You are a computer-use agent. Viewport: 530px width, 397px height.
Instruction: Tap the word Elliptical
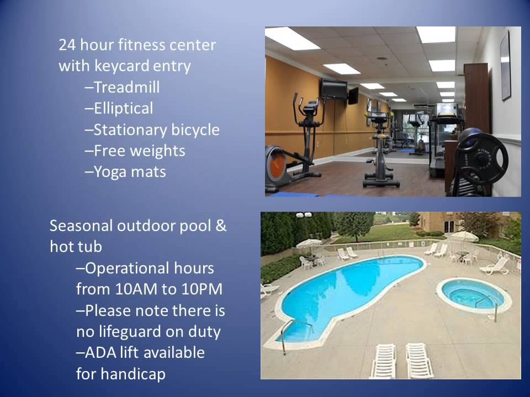tap(123, 109)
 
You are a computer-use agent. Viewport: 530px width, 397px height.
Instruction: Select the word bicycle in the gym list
tap(192, 130)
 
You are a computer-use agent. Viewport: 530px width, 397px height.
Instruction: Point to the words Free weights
tap(139, 151)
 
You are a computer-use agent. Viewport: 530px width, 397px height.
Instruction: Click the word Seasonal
tap(81, 226)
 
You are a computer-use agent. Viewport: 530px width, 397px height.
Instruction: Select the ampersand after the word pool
tap(221, 226)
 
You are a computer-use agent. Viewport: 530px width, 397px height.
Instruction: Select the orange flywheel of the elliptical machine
tap(277, 165)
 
